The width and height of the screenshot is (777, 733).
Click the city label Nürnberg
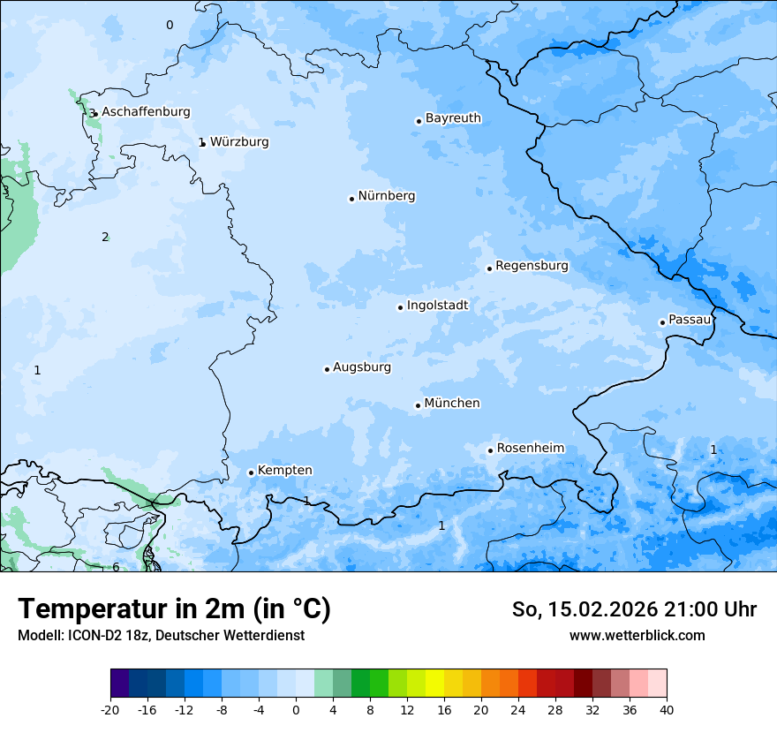coord(386,196)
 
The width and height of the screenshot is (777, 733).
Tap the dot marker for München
coord(418,405)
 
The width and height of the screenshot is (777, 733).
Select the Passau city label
coord(690,320)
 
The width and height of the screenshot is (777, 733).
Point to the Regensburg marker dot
coord(489,268)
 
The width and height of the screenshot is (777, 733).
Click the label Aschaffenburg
coord(146,112)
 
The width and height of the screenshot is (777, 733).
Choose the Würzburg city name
coord(239,142)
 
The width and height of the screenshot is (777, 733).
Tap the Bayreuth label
coord(453,118)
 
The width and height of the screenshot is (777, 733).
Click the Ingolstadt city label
coord(437,306)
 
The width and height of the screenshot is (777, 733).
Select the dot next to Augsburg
coord(327,369)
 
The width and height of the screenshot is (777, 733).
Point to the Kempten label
coord(284,471)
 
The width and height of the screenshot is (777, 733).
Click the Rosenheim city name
coord(530,449)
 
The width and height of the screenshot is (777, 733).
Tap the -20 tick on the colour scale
coord(110,709)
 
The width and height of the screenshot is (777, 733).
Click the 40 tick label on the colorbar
coord(667,709)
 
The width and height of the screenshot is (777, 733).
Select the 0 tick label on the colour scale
coord(296,709)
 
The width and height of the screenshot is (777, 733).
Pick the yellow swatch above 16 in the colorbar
coord(434,684)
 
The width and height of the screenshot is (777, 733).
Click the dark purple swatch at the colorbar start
coord(119,684)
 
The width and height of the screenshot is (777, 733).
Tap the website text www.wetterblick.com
coord(637,636)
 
